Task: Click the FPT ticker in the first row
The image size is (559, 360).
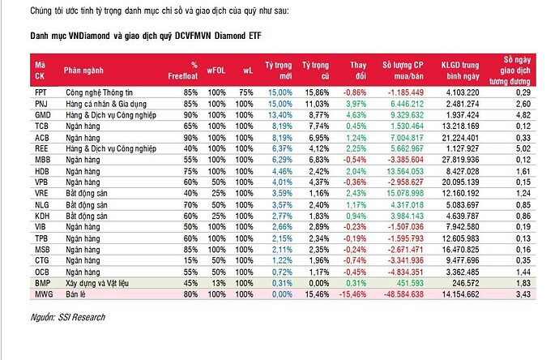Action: (41, 92)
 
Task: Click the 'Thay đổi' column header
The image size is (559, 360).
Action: (357, 69)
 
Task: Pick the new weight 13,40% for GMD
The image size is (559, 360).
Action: (279, 115)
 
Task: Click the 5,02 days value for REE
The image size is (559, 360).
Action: (524, 149)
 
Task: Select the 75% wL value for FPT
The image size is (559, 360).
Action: (247, 92)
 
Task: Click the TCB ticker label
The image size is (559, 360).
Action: (41, 126)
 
